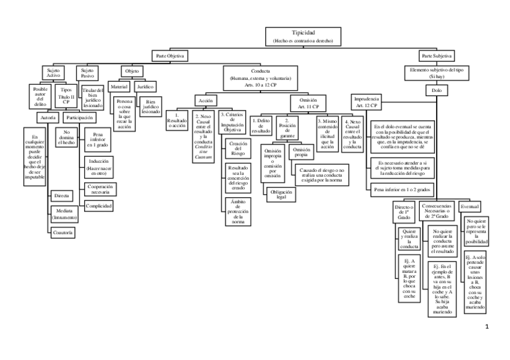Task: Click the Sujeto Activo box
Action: (54, 73)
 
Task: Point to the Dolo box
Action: (437, 90)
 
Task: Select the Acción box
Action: (206, 100)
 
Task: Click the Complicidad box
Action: (99, 206)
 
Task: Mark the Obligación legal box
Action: (280, 194)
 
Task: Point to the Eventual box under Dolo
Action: (470, 207)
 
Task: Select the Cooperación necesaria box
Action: (101, 189)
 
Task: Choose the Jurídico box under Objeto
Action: (145, 87)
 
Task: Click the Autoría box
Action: (47, 117)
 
